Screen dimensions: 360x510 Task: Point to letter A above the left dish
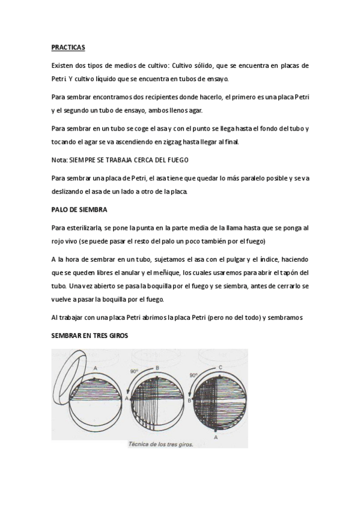click(96, 366)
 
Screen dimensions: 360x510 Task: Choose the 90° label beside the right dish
click(194, 375)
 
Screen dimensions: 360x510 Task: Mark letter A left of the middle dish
click(127, 398)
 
